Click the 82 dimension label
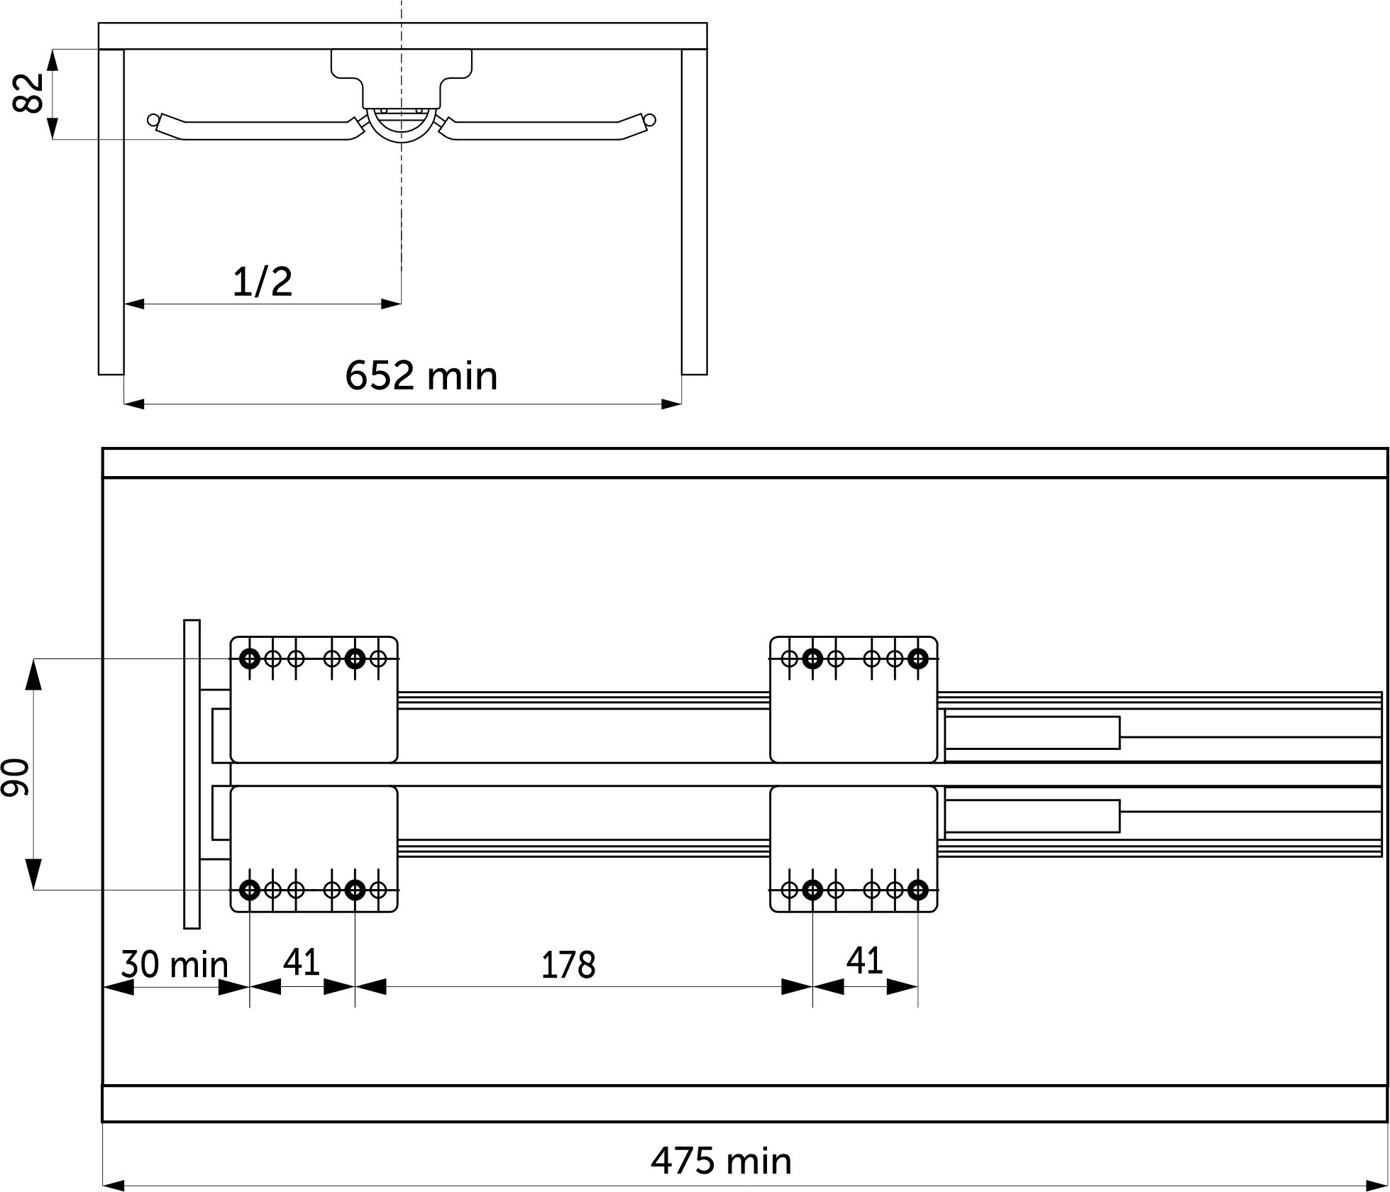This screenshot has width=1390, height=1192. coord(29,92)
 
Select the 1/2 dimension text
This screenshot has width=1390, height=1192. coord(263,282)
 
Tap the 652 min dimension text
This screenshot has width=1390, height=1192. coord(421,375)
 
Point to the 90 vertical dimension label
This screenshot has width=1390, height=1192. coord(16,776)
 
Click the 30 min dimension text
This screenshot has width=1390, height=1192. coord(175,964)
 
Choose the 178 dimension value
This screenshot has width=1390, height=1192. coord(568,965)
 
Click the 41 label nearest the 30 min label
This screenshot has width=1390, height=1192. coord(302,961)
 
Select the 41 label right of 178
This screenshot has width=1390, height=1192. coord(865,961)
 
